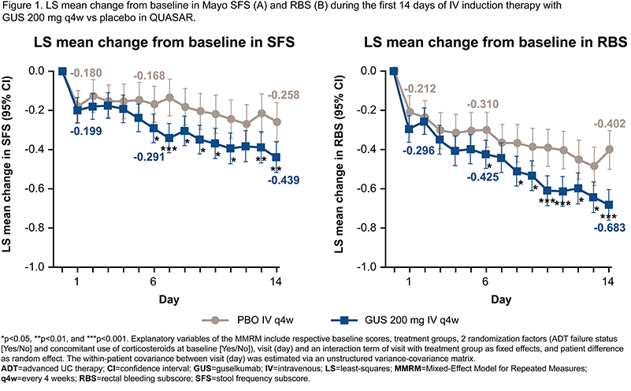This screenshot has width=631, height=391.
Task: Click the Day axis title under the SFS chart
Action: (169, 300)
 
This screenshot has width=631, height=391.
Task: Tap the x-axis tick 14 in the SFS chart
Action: (276, 282)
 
